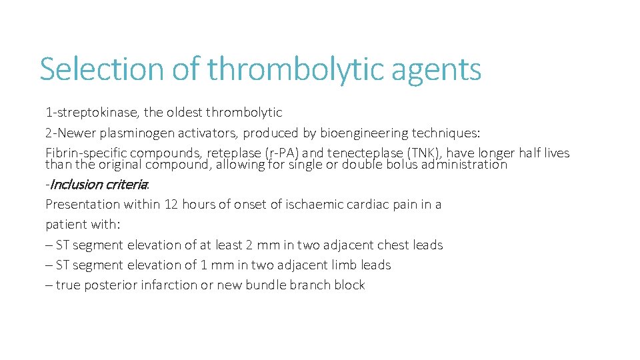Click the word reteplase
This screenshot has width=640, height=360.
tap(235, 153)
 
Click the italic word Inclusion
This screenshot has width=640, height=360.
tap(75, 185)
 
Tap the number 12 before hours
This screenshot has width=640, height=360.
tap(171, 205)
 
